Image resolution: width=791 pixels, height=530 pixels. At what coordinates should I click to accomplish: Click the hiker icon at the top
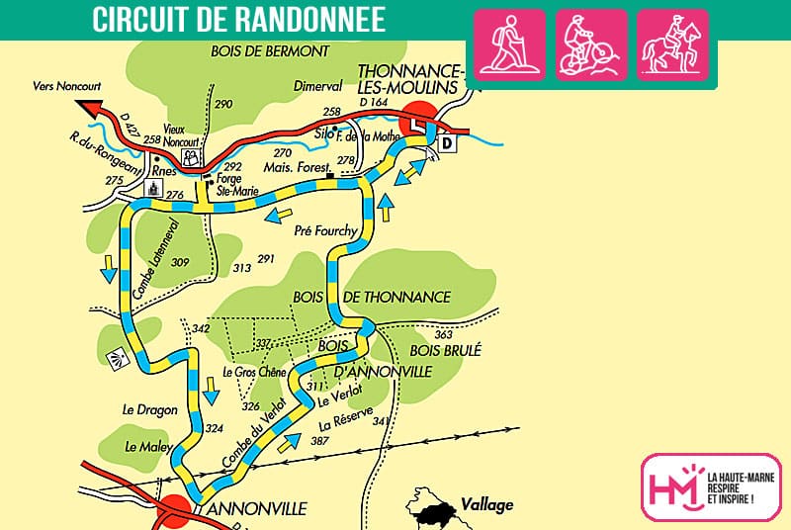510,44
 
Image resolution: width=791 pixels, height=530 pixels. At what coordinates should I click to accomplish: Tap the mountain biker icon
591,44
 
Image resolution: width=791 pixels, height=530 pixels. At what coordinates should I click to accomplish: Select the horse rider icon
672,44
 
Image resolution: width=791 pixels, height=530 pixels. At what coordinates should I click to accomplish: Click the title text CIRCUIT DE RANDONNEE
239,20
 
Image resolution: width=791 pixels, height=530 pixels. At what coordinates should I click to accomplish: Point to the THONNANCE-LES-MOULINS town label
410,79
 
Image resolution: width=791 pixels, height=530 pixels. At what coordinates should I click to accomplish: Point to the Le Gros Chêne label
254,373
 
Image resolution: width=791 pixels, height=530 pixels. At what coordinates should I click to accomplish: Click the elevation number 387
319,439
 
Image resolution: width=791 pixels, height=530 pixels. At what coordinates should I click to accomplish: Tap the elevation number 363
443,335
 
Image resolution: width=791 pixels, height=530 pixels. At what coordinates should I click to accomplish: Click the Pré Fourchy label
326,230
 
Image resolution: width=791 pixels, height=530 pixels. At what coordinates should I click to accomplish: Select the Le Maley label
142,447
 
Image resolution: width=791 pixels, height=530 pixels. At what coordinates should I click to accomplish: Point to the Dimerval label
316,87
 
